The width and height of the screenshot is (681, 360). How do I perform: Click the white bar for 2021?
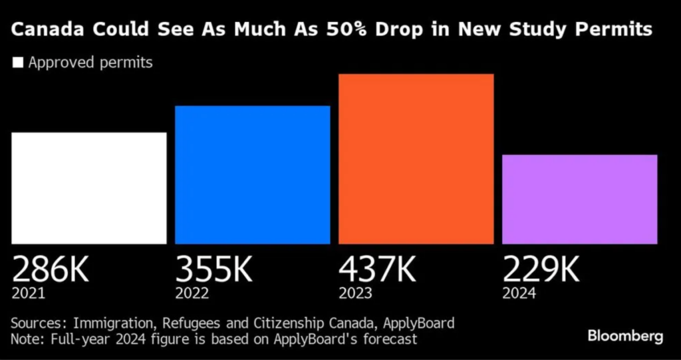coord(89,188)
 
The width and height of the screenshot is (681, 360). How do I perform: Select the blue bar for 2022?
coord(253,175)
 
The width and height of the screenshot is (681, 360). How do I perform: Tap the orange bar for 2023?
coord(416,159)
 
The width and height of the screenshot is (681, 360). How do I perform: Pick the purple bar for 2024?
coord(580,200)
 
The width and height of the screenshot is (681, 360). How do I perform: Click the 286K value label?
coord(51,269)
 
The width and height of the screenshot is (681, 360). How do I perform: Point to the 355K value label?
coord(214,269)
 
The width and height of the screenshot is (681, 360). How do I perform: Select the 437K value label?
coord(378,269)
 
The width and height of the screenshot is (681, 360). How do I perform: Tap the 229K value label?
coord(541,269)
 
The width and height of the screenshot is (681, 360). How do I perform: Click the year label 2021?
coord(29,293)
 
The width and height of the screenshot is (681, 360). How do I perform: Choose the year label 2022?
coord(192,293)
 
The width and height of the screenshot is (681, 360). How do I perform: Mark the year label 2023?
coord(356,293)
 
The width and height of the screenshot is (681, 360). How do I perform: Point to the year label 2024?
coord(519,293)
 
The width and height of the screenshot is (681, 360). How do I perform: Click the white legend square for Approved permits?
coord(18,63)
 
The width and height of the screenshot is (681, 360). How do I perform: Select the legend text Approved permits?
coord(90,63)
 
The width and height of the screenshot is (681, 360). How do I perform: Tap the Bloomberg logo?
coord(625,336)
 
